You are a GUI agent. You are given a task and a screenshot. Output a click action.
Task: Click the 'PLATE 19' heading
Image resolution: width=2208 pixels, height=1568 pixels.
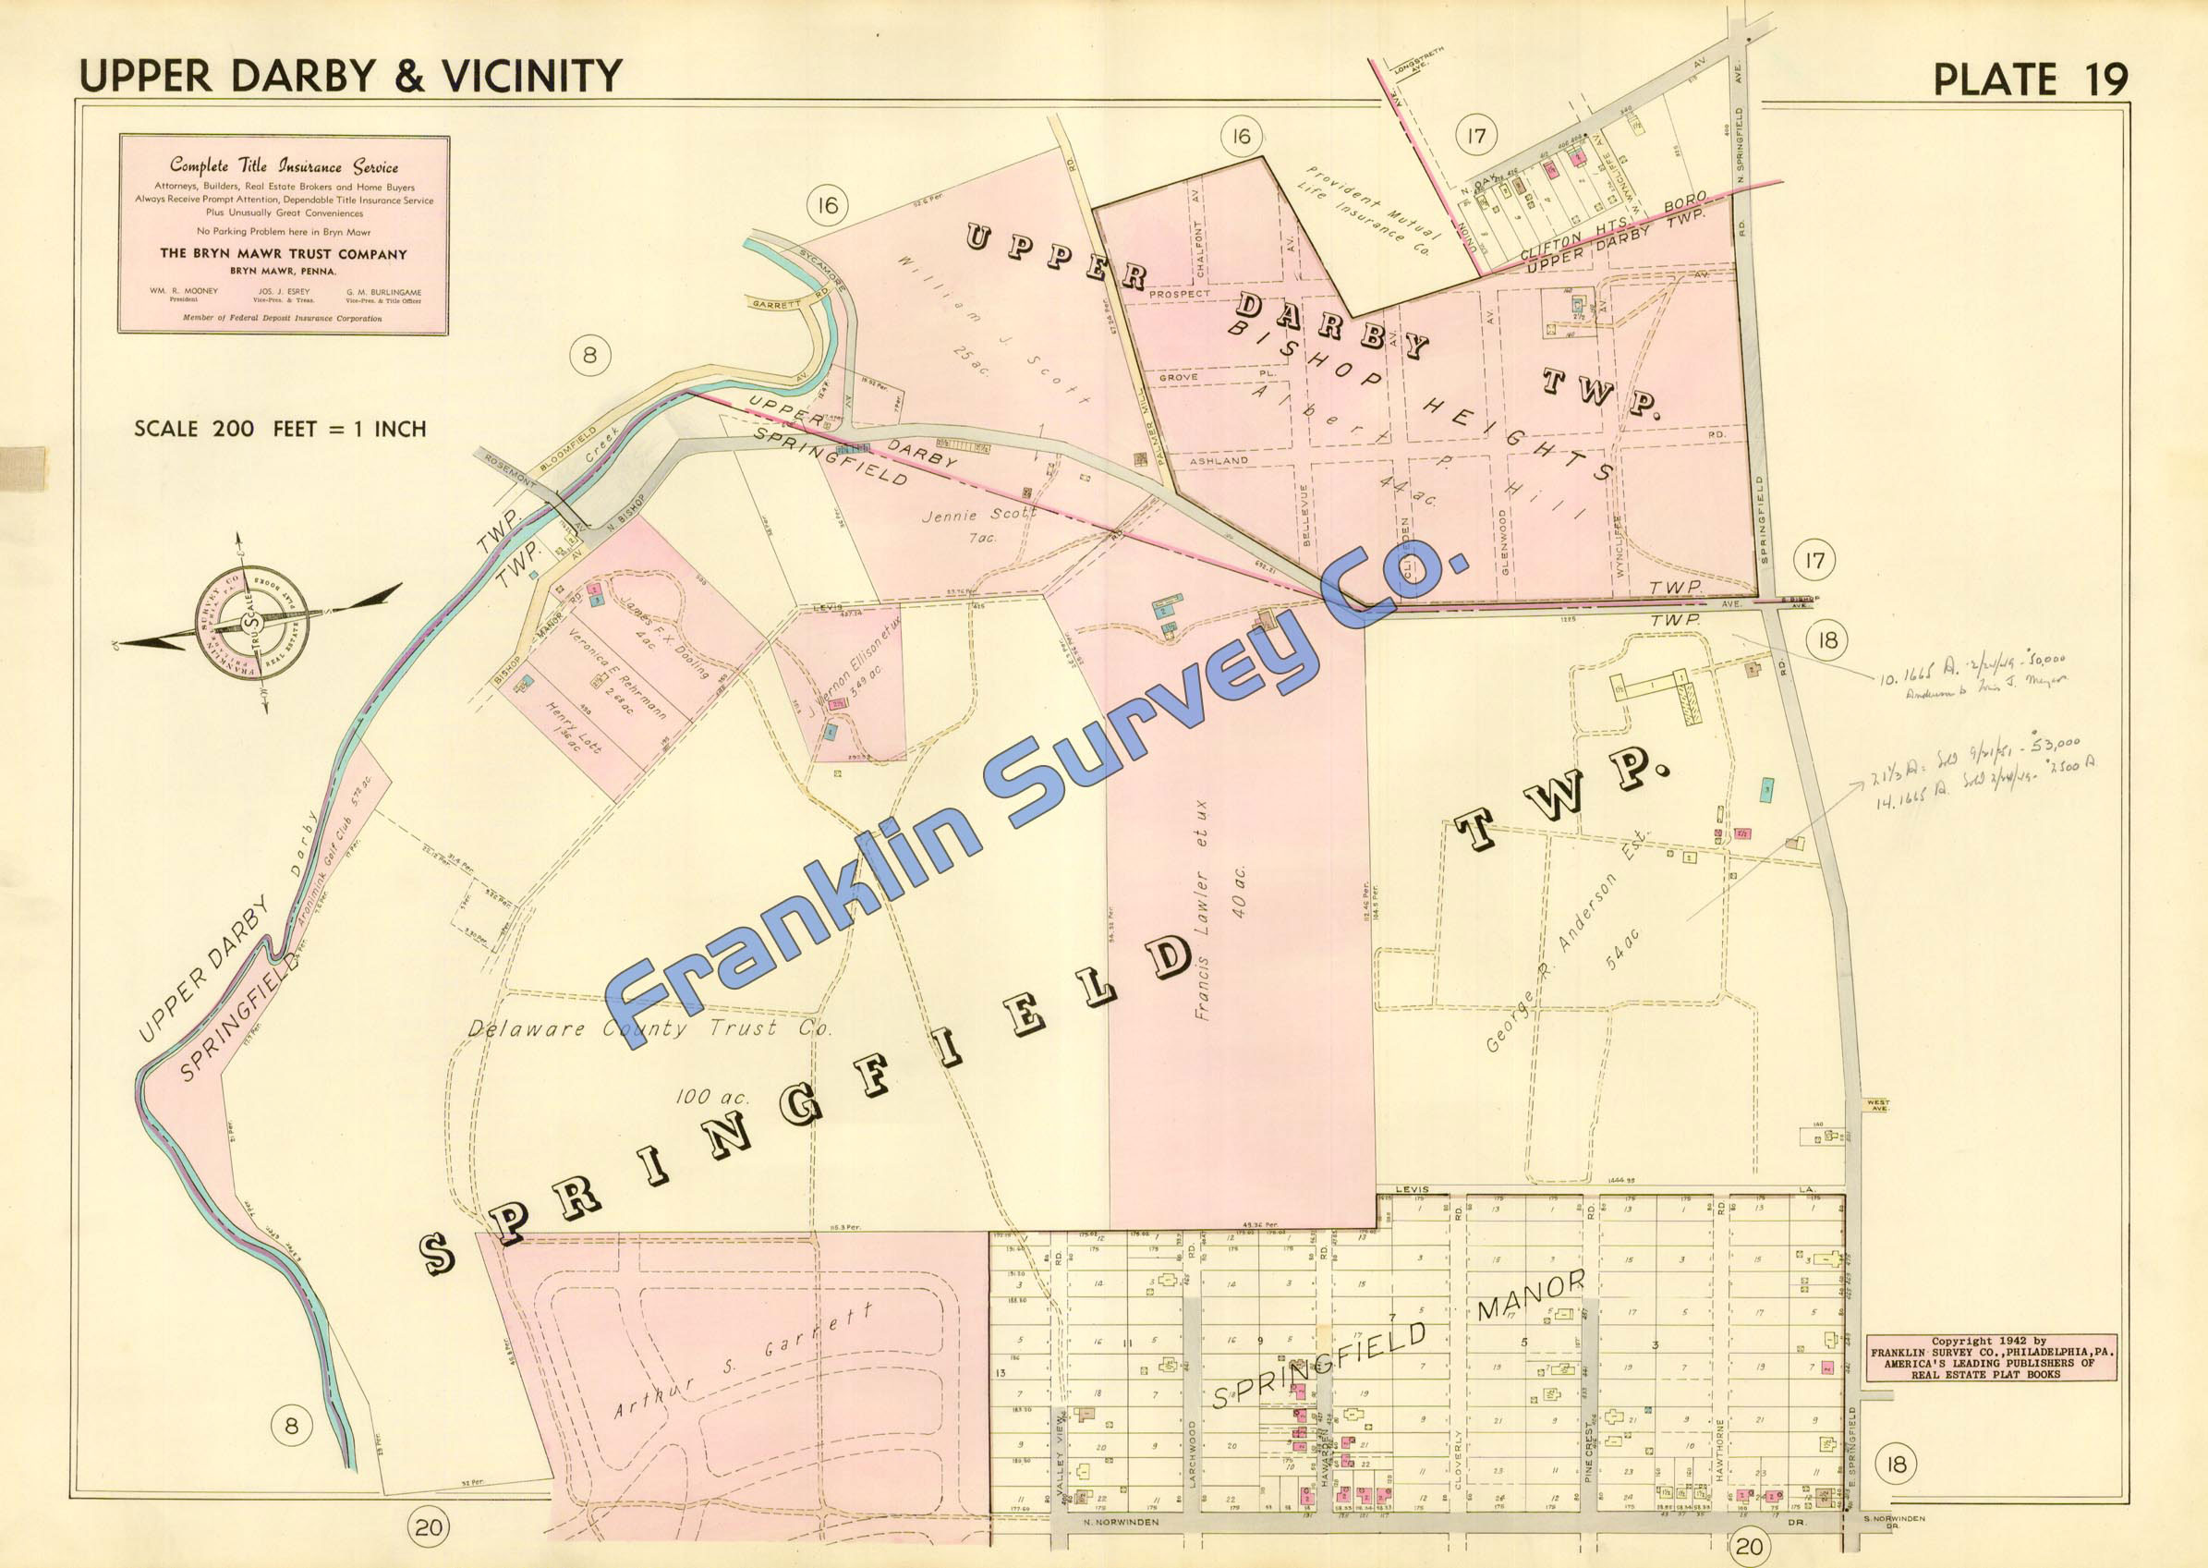coord(2031,79)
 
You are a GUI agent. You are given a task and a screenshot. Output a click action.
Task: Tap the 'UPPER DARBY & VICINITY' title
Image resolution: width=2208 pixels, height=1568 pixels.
coord(350,76)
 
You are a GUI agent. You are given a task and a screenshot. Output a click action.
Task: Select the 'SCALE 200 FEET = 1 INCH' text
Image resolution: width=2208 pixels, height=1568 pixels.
coord(280,429)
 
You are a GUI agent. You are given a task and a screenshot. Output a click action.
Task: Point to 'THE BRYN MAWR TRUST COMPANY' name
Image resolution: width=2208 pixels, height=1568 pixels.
coord(283,255)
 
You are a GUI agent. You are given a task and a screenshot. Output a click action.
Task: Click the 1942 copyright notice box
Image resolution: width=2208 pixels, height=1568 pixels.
coord(1991,1357)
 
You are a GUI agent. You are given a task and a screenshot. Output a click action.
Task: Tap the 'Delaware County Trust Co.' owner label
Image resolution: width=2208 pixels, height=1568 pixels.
coord(649,1029)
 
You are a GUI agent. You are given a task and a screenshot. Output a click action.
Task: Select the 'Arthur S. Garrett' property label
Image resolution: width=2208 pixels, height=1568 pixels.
coord(745,1362)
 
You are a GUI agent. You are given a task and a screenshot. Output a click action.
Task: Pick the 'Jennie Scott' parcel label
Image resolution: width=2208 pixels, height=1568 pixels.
coord(978,515)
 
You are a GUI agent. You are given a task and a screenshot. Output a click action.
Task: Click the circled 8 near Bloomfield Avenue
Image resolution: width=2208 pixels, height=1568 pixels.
coord(590,356)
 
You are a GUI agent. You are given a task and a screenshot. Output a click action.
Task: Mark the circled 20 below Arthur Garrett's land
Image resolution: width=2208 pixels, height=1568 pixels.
coord(430,1527)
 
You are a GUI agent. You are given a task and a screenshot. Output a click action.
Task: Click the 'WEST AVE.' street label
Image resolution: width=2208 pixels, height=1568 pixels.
coord(1877,1103)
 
